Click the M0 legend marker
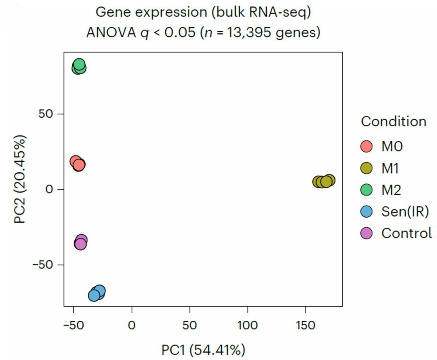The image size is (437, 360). [x=367, y=147]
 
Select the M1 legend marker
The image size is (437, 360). [x=367, y=168]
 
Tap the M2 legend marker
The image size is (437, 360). [x=367, y=190]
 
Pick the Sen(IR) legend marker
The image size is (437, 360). [x=367, y=212]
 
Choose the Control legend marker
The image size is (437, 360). [x=367, y=233]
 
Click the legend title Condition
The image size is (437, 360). [x=393, y=122]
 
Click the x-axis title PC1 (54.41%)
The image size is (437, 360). [x=203, y=351]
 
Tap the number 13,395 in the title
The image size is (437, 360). [x=252, y=32]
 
